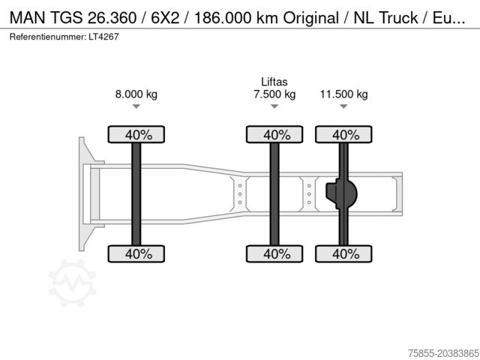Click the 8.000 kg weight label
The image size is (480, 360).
click(x=136, y=94)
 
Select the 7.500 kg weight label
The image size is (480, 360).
click(x=274, y=94)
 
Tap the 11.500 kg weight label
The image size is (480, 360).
click(x=343, y=94)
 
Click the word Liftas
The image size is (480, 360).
click(x=274, y=82)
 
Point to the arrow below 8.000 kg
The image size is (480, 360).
click(x=136, y=107)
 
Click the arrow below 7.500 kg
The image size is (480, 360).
click(x=274, y=107)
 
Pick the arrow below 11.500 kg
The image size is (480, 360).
click(x=343, y=107)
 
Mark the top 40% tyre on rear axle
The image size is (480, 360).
click(x=345, y=135)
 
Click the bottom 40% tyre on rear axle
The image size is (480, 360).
click(x=345, y=253)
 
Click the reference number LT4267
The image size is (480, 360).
click(x=104, y=36)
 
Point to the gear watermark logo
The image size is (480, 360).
click(x=72, y=283)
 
